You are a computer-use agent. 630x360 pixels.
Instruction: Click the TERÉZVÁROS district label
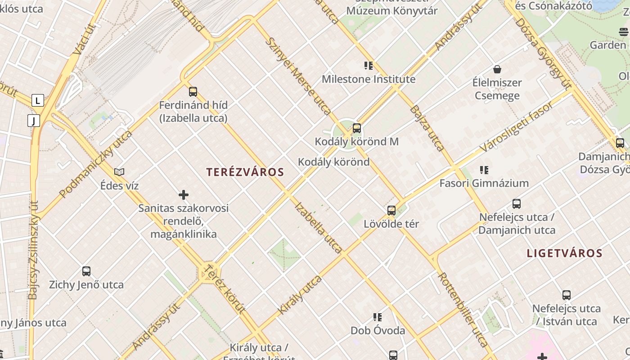click(x=245, y=172)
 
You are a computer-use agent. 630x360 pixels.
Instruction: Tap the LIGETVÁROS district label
click(x=564, y=253)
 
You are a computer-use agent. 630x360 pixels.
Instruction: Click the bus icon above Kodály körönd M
click(x=357, y=128)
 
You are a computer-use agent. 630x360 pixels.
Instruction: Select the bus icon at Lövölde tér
click(x=391, y=210)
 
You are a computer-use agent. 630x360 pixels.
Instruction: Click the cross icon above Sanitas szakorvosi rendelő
click(x=184, y=195)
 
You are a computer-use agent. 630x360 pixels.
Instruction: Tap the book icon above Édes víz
click(x=119, y=172)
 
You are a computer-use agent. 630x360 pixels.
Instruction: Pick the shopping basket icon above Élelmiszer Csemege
click(x=497, y=69)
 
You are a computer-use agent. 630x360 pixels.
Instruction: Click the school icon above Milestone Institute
click(x=369, y=66)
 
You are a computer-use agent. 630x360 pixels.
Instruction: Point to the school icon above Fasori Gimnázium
click(x=484, y=170)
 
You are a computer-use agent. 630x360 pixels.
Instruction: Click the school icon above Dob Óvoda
click(x=378, y=317)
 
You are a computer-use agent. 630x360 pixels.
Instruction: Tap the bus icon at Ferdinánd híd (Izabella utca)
click(x=193, y=91)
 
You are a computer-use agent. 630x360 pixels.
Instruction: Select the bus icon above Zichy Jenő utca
click(x=86, y=271)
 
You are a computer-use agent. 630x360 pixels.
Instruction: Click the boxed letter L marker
click(x=38, y=100)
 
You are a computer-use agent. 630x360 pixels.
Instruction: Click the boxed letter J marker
click(x=34, y=121)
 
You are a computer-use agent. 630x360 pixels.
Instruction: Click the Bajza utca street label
click(x=427, y=128)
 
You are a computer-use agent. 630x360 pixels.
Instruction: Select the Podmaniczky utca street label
click(x=95, y=164)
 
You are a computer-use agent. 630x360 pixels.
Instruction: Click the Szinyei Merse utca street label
click(x=298, y=76)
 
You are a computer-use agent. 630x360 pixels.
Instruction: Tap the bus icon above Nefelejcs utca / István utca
click(x=567, y=295)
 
